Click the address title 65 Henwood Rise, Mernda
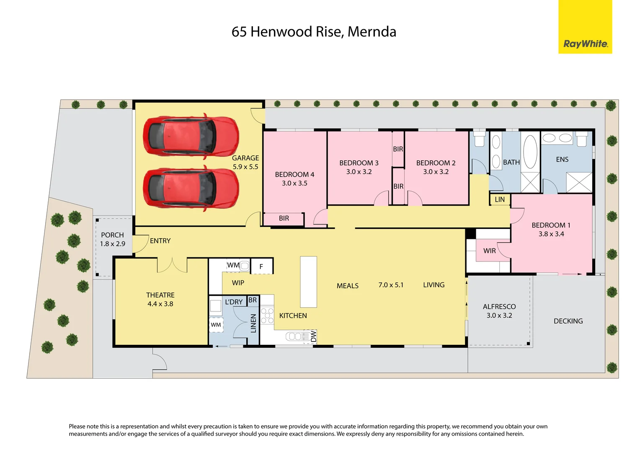[314, 32]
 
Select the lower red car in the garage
[191, 188]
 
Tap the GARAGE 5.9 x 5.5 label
[245, 162]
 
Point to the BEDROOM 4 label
[294, 175]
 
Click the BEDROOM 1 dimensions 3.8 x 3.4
[551, 234]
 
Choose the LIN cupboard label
[500, 200]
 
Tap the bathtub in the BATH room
[530, 152]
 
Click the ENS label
[562, 159]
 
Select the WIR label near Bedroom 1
[489, 251]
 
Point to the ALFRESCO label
[499, 307]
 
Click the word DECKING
[568, 321]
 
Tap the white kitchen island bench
[308, 282]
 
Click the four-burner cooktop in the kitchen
[267, 316]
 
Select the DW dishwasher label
[313, 336]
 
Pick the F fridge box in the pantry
[261, 266]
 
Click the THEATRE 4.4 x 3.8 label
[160, 300]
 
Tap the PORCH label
[112, 235]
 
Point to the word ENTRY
[160, 241]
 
